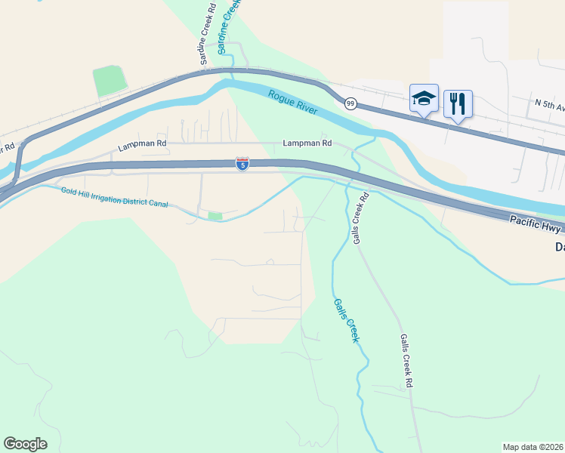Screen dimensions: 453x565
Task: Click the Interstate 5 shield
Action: coord(242,164)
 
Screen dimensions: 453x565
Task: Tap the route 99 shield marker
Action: coord(350,103)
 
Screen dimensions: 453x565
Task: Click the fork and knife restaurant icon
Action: coord(458,103)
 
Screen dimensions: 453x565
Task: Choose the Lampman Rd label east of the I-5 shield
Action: coord(307,143)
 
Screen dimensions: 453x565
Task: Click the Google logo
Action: coord(25,444)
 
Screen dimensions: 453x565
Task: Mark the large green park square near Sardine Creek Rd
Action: coord(110,81)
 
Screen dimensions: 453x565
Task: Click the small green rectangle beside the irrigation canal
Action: coord(215,216)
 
